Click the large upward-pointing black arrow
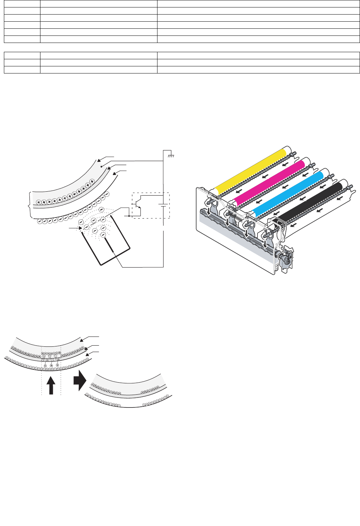pos(51,385)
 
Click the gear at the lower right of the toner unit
pos(284,261)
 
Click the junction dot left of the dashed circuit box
pos(128,215)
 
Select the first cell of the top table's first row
pos(22,4)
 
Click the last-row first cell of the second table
pos(22,70)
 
